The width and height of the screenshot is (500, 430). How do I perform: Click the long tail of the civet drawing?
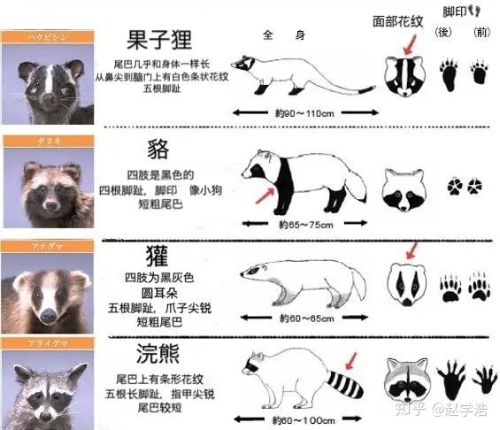click(336, 87)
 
